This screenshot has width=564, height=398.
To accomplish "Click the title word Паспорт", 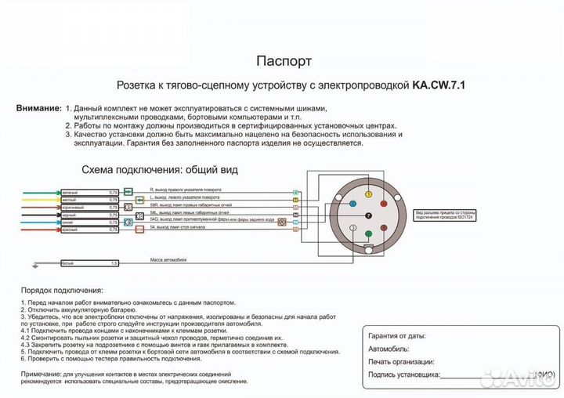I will tap(284, 61).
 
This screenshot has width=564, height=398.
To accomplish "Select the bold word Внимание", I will tap(38, 107).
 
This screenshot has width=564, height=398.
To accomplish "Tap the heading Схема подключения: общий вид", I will tap(159, 169).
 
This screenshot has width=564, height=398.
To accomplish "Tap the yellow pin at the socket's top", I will tap(368, 187).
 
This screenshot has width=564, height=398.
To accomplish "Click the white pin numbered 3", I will tap(353, 228).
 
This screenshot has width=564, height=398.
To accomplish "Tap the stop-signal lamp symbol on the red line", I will tap(130, 229).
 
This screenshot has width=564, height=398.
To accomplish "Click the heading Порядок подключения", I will tap(56, 289).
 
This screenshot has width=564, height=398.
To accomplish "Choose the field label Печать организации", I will tap(401, 362).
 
